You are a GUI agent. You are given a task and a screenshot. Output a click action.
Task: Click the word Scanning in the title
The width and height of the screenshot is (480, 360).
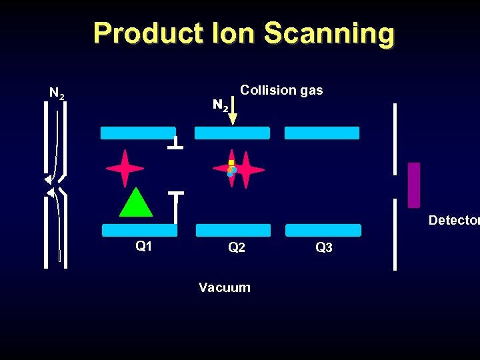[329, 33]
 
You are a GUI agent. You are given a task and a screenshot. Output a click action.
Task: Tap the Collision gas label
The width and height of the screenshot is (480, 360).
[281, 90]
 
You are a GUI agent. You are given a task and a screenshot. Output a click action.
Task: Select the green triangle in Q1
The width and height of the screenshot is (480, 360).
[136, 203]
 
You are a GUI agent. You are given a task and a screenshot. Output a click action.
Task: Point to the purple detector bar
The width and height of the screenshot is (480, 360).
[414, 185]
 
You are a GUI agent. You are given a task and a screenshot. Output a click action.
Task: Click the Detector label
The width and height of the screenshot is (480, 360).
[453, 220]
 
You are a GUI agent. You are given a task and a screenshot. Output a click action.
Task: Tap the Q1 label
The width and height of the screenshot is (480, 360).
[144, 246]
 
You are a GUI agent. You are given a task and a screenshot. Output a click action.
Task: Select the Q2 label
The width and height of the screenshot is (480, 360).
[237, 247]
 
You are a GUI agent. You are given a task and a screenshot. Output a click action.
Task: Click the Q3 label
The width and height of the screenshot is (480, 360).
[324, 247]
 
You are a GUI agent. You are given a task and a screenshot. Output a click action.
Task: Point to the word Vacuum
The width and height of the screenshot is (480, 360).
[225, 287]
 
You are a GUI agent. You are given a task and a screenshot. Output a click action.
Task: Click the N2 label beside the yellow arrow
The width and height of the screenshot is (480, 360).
[221, 105]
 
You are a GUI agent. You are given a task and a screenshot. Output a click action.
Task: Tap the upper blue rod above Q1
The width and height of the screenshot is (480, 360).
[138, 133]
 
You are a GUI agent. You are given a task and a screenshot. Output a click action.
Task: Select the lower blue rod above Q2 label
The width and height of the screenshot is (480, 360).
[233, 230]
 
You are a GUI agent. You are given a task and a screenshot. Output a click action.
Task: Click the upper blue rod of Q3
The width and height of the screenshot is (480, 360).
[322, 133]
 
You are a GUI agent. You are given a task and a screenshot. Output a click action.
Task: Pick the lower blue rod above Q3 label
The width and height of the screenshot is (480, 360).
[323, 230]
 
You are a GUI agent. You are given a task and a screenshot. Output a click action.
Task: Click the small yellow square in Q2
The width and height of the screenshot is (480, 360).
[231, 163]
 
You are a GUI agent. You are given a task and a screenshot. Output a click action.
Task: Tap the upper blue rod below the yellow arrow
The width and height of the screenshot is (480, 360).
[232, 133]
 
